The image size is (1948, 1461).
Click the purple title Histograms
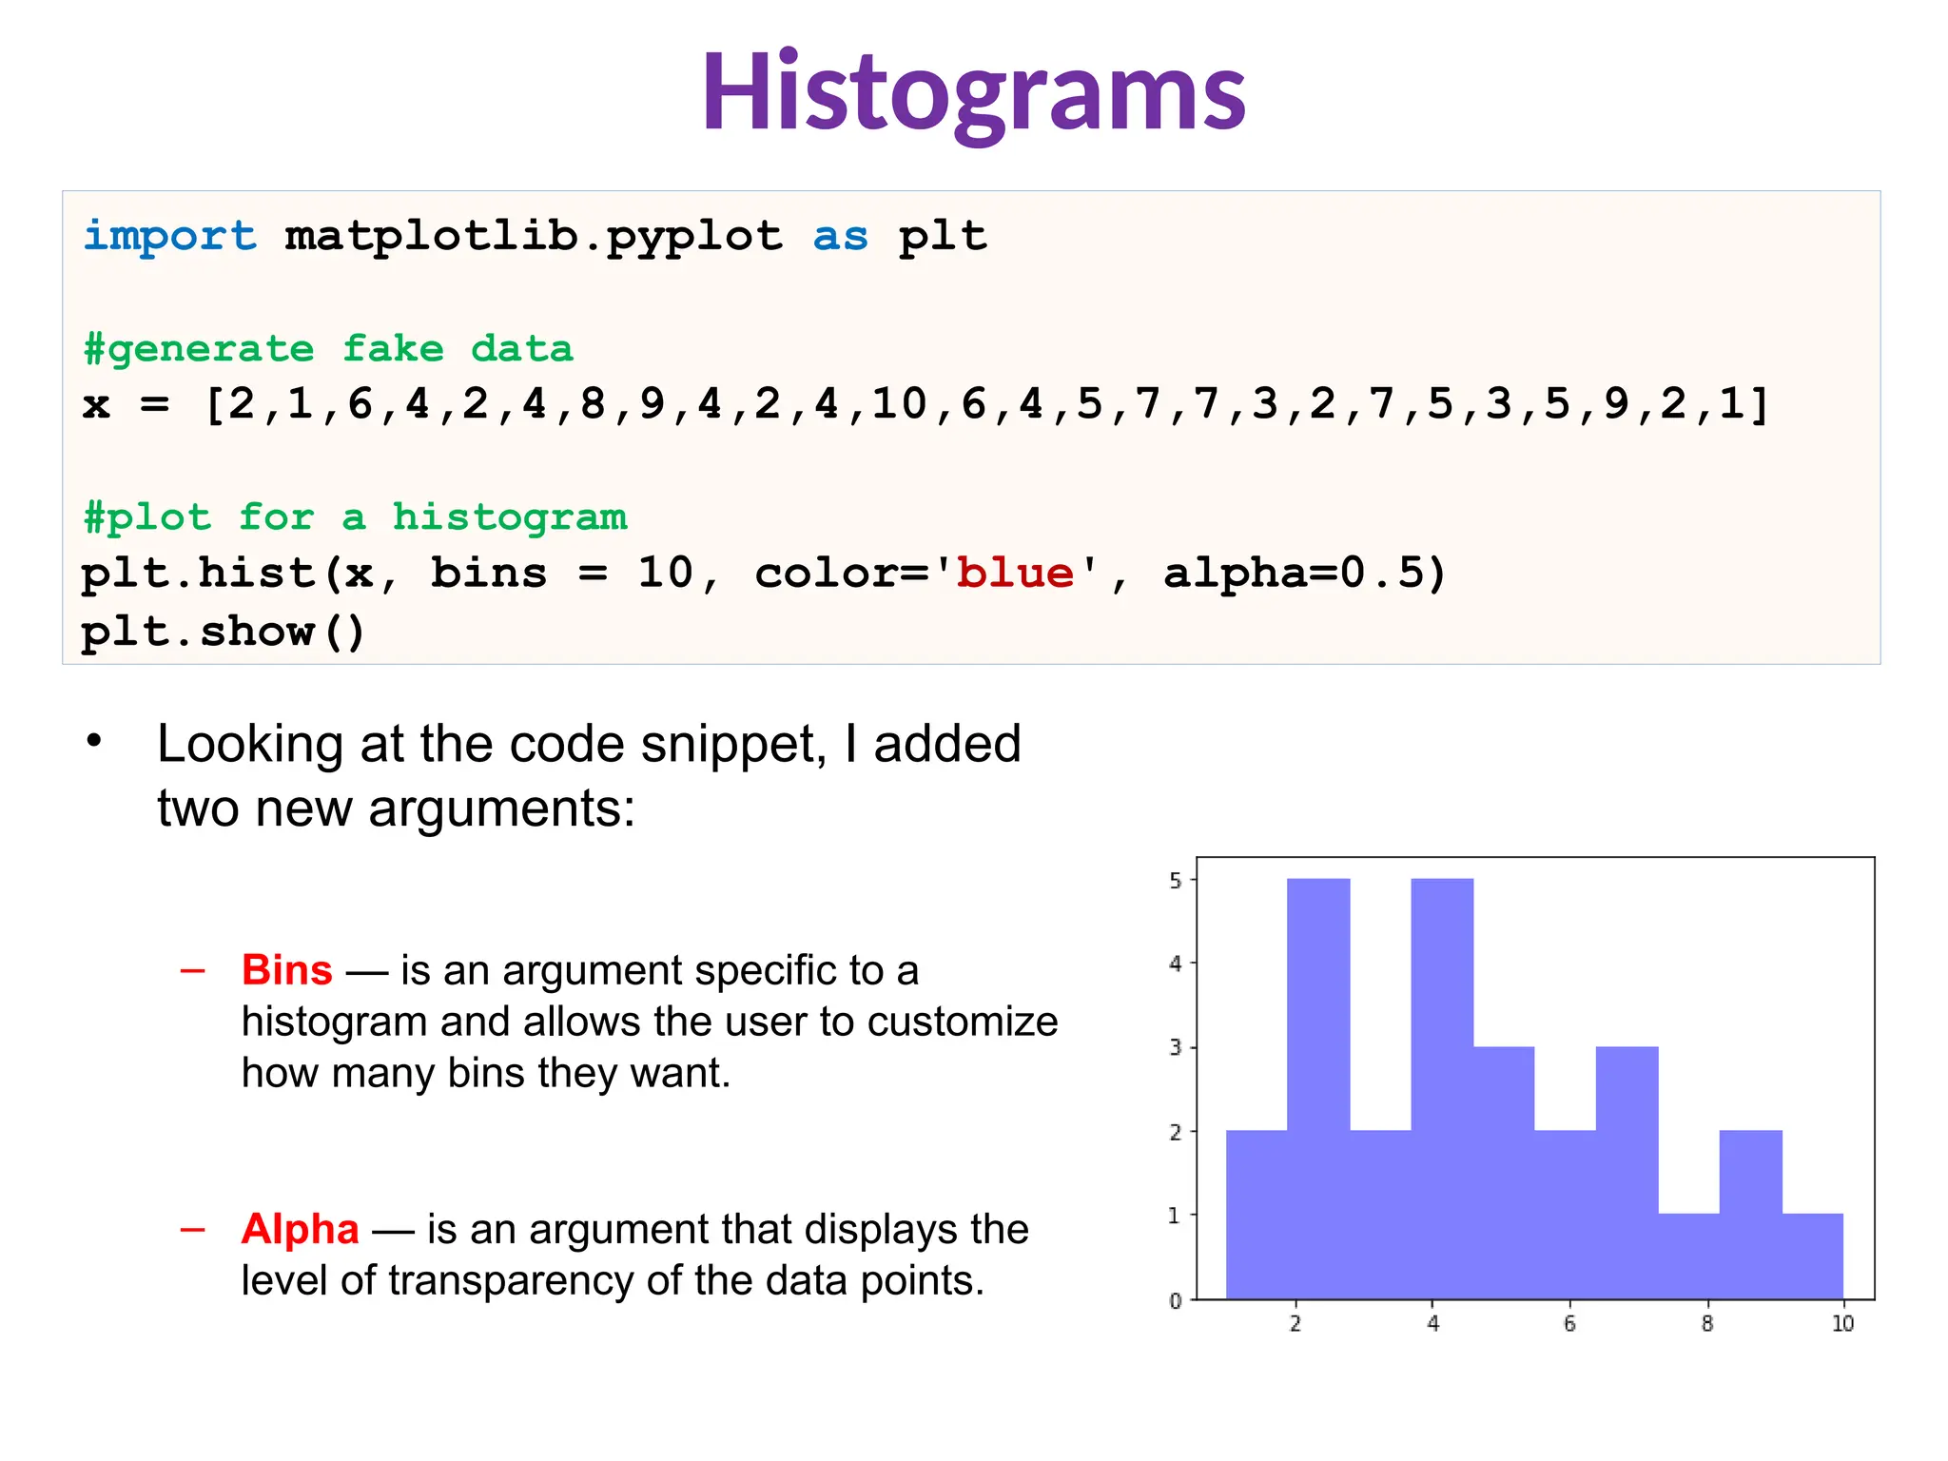(973, 93)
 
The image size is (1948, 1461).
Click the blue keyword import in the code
(169, 236)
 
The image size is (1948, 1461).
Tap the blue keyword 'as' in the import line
(840, 236)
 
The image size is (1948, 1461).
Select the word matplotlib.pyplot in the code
(534, 236)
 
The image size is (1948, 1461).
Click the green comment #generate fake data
(328, 349)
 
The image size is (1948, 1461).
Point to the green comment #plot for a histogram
(355, 517)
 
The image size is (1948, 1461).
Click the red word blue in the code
(1015, 574)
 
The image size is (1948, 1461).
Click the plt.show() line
(223, 632)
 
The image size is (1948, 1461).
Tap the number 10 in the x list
(899, 404)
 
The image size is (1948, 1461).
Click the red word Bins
(286, 970)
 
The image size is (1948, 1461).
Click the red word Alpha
(300, 1229)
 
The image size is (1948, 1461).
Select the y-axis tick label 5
(1176, 881)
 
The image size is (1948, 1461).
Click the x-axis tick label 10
(1842, 1324)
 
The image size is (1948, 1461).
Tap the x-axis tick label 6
(1569, 1324)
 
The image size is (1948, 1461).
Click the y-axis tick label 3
(1176, 1048)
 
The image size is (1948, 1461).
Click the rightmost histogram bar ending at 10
(1812, 1256)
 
